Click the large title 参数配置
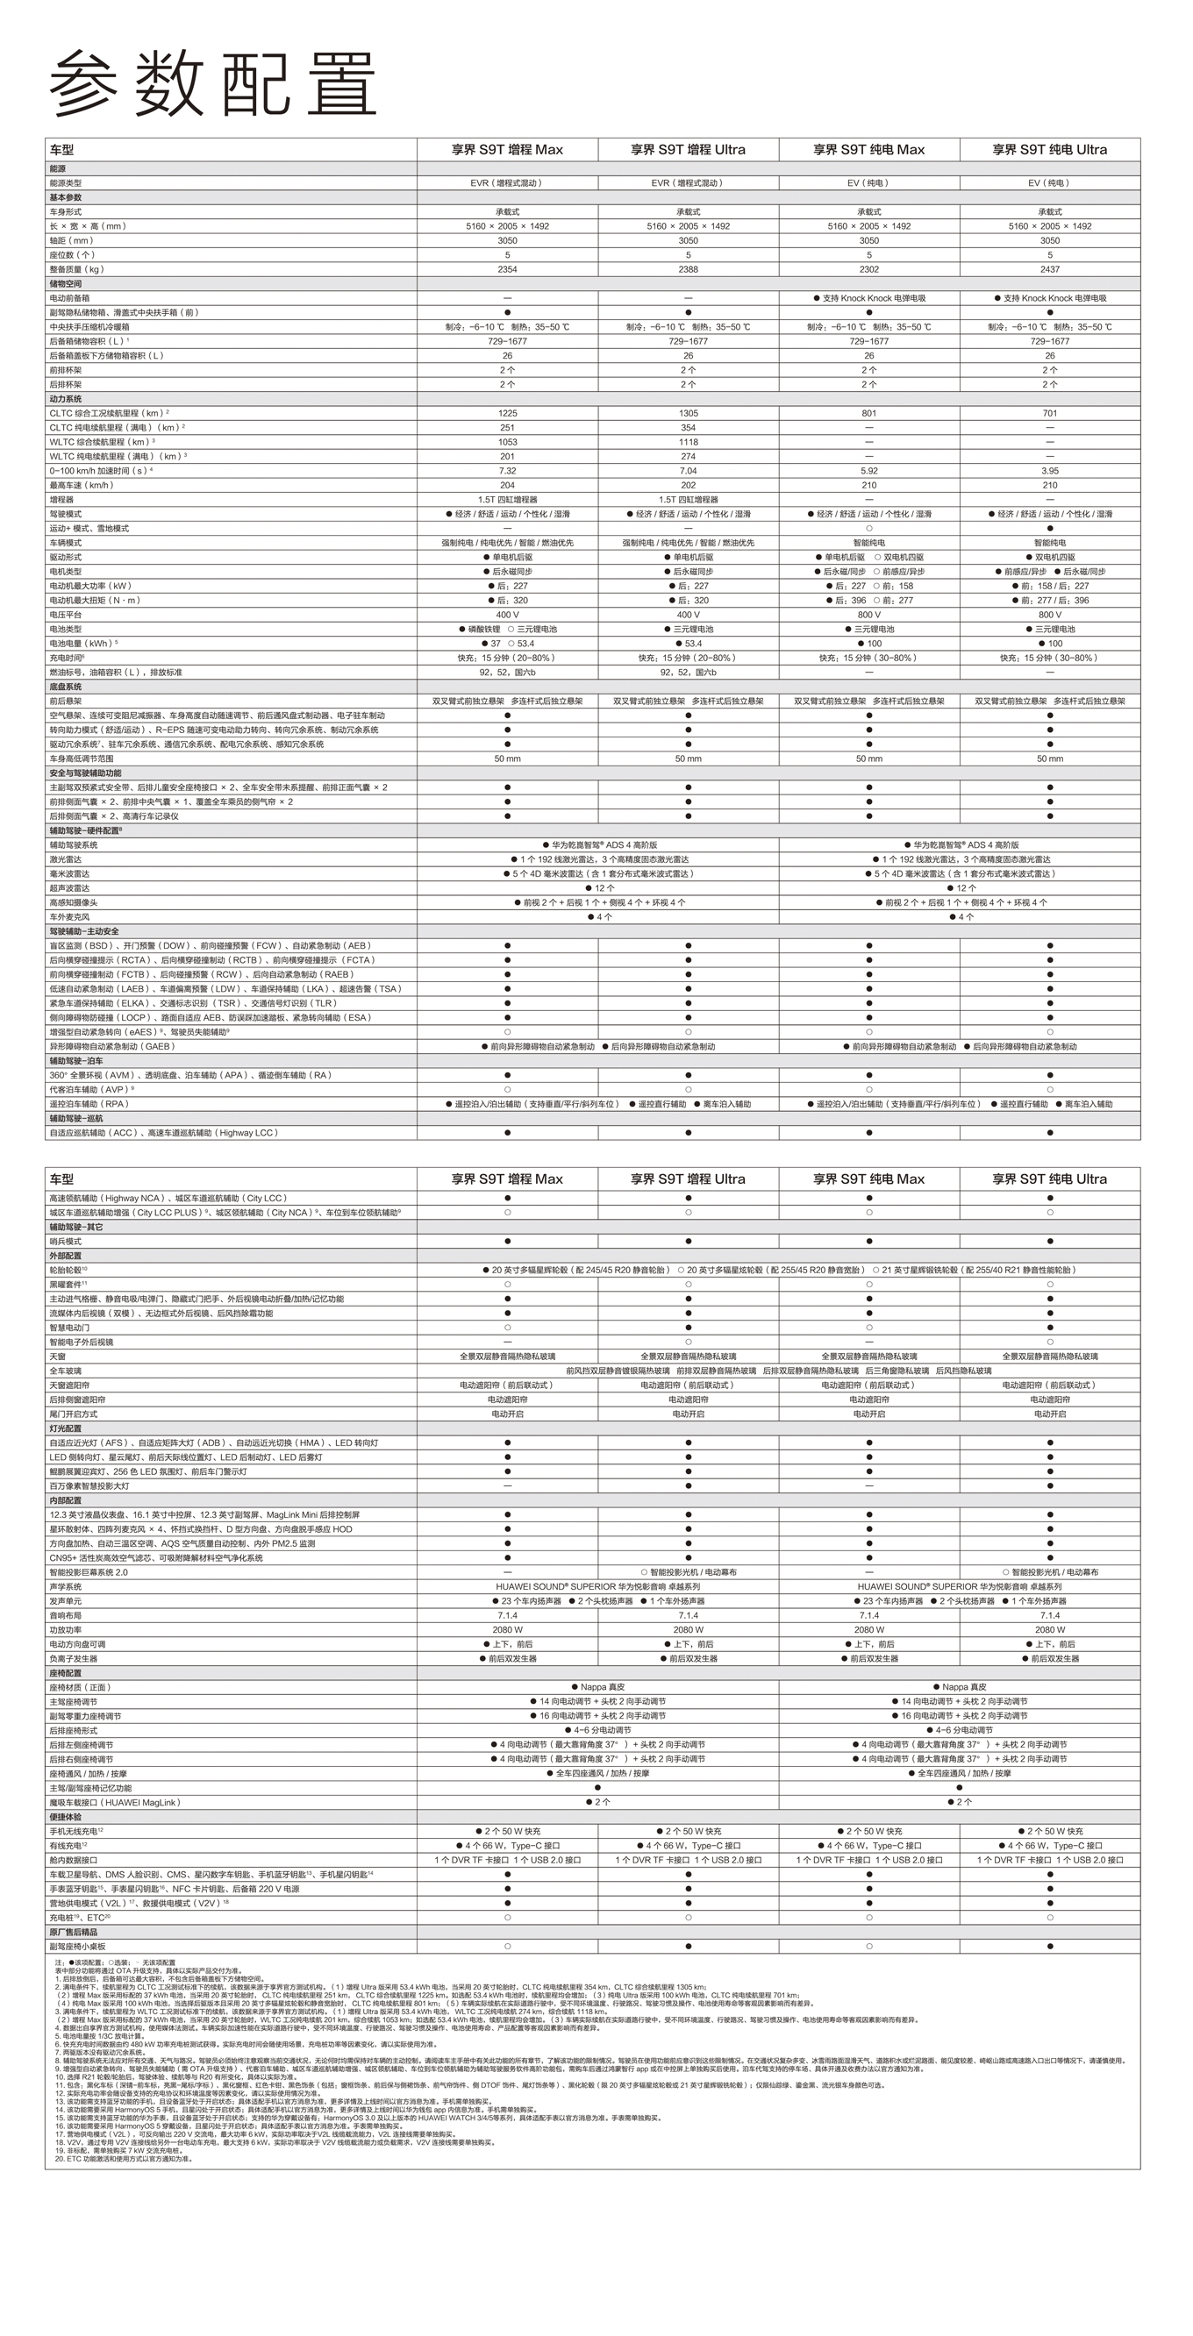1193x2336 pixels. (212, 84)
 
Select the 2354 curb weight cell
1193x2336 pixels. (507, 269)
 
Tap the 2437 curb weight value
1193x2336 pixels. (1050, 269)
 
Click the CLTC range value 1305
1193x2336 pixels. (688, 414)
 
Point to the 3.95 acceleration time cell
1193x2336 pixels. (1050, 471)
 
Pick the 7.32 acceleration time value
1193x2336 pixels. (507, 471)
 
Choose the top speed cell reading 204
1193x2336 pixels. (507, 485)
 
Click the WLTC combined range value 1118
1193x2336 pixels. (688, 442)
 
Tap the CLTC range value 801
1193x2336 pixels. (869, 414)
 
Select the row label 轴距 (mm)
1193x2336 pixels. (72, 240)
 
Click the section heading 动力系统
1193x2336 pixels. (65, 399)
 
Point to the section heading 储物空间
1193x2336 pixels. (65, 284)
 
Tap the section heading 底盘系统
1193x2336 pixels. (65, 687)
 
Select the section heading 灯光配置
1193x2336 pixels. (65, 1428)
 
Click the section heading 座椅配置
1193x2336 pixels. (65, 1673)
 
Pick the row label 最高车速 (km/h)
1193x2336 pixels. (82, 485)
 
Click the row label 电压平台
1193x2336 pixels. (65, 615)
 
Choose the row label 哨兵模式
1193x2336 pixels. (65, 1242)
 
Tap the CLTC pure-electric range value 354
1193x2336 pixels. (688, 427)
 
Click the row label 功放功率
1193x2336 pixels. (65, 1629)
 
